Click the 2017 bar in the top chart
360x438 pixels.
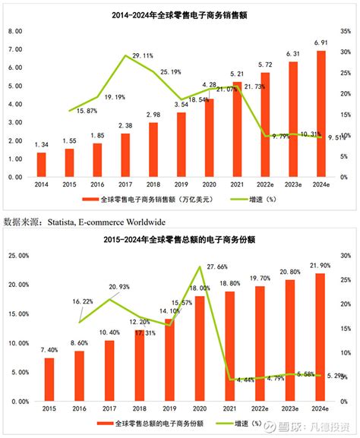(125, 155)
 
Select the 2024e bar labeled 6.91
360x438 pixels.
(321, 114)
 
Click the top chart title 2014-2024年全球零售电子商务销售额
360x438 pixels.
(181, 14)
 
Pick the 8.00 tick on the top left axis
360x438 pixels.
(14, 32)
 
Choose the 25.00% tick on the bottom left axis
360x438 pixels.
(17, 254)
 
